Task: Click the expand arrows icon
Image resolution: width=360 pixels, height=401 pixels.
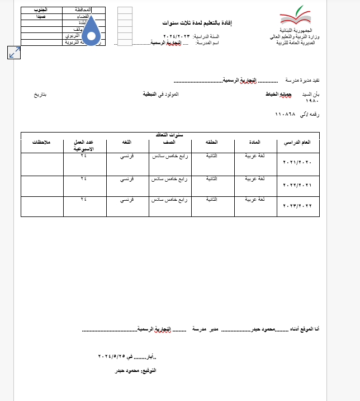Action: tap(14, 53)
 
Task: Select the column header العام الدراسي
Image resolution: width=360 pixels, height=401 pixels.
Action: tap(298, 143)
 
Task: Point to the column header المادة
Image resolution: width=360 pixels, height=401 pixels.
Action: tap(255, 143)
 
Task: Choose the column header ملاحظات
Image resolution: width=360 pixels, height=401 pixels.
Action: tap(42, 143)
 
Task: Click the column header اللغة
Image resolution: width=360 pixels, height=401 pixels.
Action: tap(127, 143)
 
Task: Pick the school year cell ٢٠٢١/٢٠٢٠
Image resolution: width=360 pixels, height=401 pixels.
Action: tap(297, 163)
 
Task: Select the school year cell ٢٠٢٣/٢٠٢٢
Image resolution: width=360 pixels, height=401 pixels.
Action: tap(297, 206)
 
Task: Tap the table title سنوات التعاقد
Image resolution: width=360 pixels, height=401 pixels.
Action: tap(170, 135)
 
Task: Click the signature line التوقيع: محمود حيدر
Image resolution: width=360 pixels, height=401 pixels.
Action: tap(135, 371)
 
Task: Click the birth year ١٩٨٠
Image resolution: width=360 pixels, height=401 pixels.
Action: tap(312, 101)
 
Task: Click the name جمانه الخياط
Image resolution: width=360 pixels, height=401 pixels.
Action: tap(278, 95)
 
